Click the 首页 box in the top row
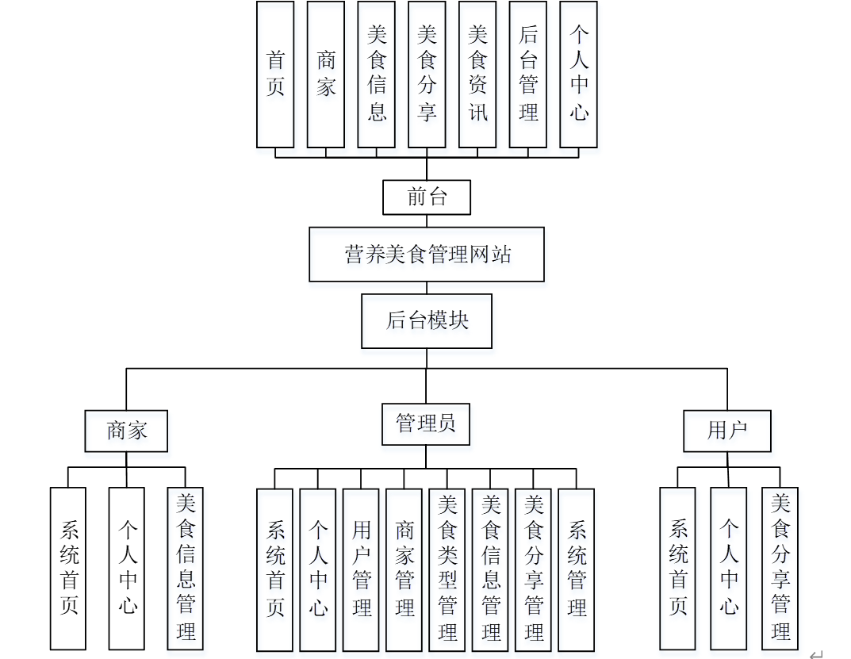pos(275,74)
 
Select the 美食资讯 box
pos(477,74)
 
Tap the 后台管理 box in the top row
pos(528,74)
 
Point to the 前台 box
pos(427,197)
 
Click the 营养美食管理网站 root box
pos(427,255)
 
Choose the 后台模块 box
pos(427,321)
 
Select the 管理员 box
pos(426,424)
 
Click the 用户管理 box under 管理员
pos(361,569)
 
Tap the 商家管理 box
pos(404,569)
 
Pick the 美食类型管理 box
pos(447,569)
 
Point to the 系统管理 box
pos(577,569)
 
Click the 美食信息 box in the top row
pos(377,74)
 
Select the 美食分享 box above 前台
pos(427,74)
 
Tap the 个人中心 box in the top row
pos(578,74)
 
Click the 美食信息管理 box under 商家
pos(186,568)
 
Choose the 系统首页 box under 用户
pos(678,568)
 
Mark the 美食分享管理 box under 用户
pos(780,568)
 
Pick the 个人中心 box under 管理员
pos(318,569)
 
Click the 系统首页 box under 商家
pos(68,568)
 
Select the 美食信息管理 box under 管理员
pos(491,569)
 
